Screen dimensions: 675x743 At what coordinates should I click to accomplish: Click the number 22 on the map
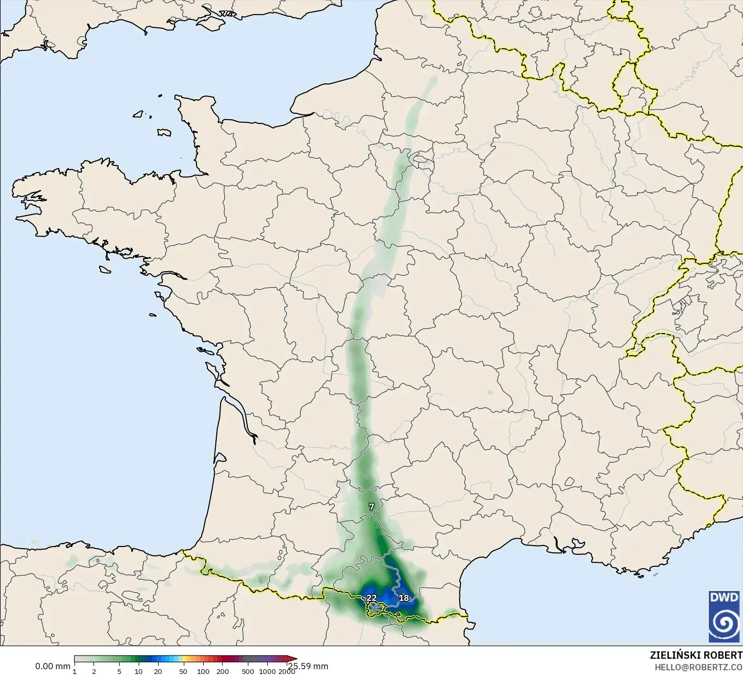(371, 598)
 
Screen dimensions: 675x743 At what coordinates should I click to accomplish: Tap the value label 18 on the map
(404, 598)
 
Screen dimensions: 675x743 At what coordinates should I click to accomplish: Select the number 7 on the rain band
(371, 507)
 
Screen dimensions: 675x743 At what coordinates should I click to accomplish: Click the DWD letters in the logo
(724, 597)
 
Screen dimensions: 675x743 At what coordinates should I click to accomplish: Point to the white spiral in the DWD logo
(724, 624)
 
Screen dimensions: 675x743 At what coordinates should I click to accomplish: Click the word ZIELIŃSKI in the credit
(674, 655)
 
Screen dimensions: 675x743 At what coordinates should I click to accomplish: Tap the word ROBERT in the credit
(723, 655)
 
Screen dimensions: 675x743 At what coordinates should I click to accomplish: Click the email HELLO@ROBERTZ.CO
(698, 667)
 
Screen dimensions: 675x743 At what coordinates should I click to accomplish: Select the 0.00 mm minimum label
(53, 666)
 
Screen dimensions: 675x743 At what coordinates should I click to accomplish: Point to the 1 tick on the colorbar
(75, 671)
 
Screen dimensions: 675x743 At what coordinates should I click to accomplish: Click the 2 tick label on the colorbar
(94, 671)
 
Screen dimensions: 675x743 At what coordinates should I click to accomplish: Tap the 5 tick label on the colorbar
(119, 671)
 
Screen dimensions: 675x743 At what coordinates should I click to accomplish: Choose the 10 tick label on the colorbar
(139, 671)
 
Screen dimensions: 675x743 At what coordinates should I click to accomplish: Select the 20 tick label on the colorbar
(158, 671)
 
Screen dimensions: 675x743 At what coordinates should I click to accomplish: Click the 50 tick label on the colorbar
(183, 671)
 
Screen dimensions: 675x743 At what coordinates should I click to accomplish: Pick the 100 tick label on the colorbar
(203, 671)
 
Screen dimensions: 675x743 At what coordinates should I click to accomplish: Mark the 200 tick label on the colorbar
(222, 671)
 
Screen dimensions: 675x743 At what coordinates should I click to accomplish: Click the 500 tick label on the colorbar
(248, 671)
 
